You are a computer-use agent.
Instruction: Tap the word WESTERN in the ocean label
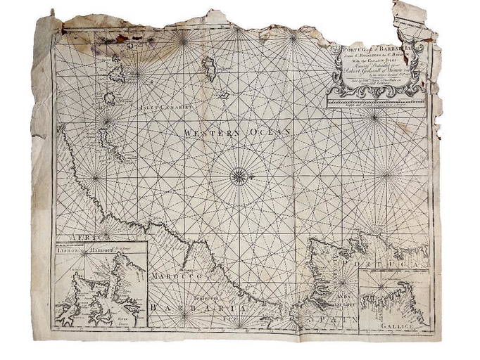tap(207, 132)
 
